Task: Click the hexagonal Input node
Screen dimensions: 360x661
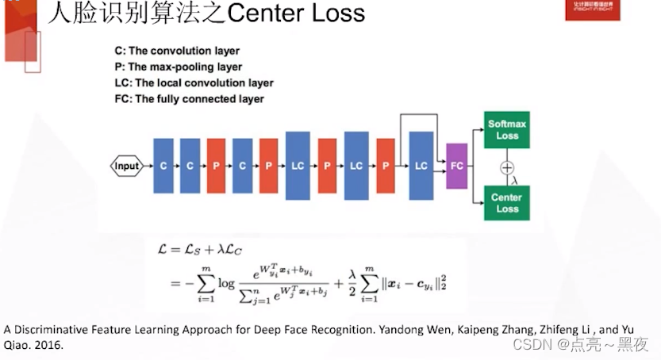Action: click(126, 166)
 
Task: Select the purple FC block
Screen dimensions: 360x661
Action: click(456, 166)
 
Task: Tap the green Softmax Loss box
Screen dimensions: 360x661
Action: click(507, 130)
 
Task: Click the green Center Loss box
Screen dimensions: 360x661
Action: click(507, 203)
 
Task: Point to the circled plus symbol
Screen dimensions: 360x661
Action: click(507, 167)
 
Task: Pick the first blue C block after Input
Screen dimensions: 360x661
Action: click(163, 166)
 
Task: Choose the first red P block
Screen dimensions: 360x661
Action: click(216, 166)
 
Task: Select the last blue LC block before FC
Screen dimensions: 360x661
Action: click(421, 166)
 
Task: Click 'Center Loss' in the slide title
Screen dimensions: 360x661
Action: click(294, 13)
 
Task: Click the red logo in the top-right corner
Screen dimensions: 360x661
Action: click(592, 10)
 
